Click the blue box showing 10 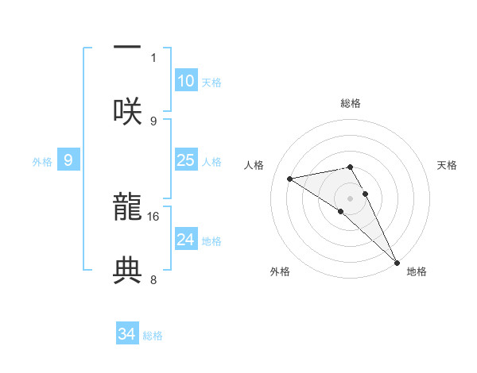[185, 81]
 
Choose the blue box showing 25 [185, 160]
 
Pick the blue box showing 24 [185, 240]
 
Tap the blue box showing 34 [127, 334]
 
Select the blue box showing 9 [68, 160]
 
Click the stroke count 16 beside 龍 [153, 216]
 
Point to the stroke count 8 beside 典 [153, 279]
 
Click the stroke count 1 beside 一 [153, 57]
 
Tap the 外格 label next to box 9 [42, 161]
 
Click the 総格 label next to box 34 [153, 335]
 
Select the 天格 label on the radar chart [448, 165]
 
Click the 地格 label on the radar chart [417, 271]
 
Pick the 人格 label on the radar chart [254, 165]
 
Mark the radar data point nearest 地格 [397, 263]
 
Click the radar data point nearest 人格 [290, 179]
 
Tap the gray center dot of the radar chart [350, 198]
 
